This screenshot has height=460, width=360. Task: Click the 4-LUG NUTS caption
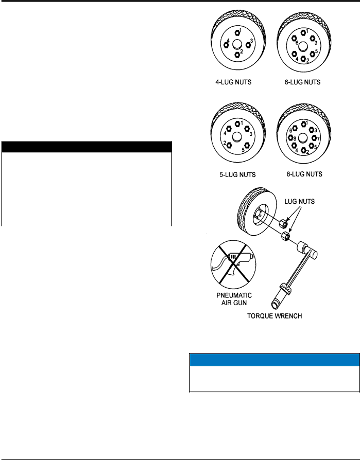click(x=233, y=82)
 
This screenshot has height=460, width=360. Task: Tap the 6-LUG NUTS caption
click(x=302, y=82)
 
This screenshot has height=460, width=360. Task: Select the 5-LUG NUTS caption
click(x=237, y=175)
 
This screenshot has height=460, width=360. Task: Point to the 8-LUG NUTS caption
click(x=304, y=174)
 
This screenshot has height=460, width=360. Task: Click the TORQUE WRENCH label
click(x=275, y=316)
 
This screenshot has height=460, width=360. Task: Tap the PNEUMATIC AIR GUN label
click(x=234, y=299)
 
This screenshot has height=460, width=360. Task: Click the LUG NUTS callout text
click(x=300, y=202)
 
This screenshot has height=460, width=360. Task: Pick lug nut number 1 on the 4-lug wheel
click(x=237, y=32)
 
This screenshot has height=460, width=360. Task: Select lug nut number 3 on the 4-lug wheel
click(x=248, y=45)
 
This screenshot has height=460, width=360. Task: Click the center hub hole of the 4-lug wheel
click(x=237, y=45)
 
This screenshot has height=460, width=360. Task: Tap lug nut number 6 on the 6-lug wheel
click(x=294, y=38)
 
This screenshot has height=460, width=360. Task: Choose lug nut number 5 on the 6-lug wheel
click(x=312, y=54)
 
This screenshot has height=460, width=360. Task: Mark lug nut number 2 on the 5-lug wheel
click(x=229, y=145)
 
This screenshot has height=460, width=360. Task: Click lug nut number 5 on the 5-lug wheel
click(x=247, y=145)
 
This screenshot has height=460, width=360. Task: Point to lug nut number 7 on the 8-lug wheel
click(x=314, y=138)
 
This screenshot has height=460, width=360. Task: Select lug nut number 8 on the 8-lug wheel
click(x=290, y=137)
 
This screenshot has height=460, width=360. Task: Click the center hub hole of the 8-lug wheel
click(x=303, y=138)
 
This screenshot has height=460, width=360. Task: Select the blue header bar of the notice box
click(x=275, y=360)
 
